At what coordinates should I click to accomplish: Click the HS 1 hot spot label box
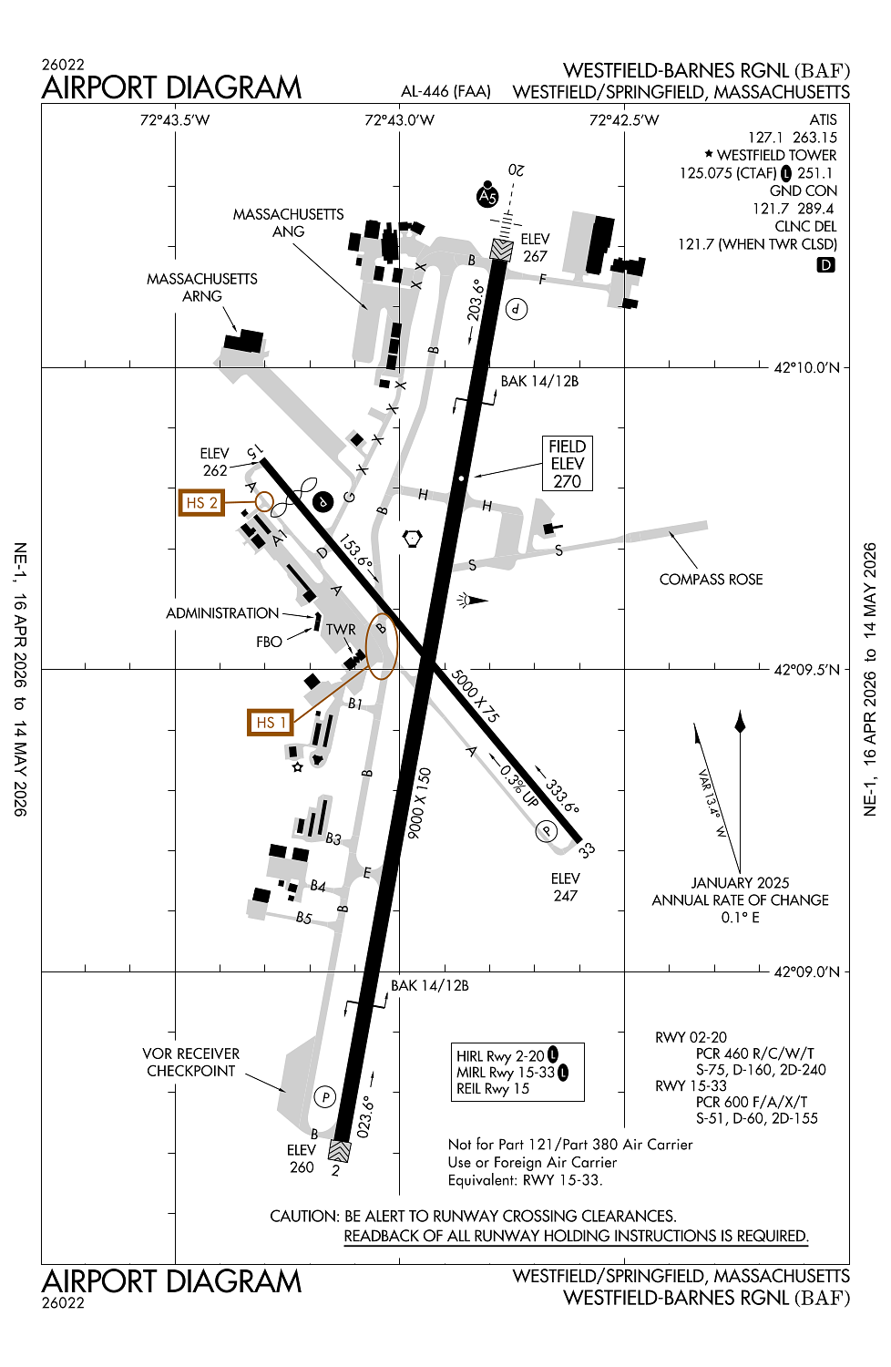click(x=271, y=723)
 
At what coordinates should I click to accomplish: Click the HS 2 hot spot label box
click(x=201, y=503)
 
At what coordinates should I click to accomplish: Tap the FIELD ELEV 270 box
click(x=567, y=464)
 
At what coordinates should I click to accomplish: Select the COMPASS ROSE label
click(x=711, y=580)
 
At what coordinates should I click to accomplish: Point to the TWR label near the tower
click(x=341, y=630)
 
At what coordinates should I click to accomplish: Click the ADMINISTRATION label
click(x=222, y=613)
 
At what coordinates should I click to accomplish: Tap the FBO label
click(x=269, y=642)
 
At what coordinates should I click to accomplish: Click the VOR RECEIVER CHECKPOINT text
click(x=191, y=1063)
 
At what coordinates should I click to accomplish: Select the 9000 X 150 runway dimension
click(x=420, y=803)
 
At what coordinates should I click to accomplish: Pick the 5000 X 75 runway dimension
click(x=476, y=696)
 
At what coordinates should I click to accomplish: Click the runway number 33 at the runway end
click(x=587, y=850)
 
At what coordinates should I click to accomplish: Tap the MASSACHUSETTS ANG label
click(x=288, y=223)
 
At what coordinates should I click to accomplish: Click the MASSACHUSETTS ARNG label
click(x=202, y=287)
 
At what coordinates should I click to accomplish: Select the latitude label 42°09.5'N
click(x=806, y=670)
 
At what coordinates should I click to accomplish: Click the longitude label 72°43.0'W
click(x=399, y=120)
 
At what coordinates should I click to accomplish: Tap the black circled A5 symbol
click(x=487, y=196)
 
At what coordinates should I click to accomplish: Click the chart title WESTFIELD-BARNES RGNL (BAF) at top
click(x=706, y=71)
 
